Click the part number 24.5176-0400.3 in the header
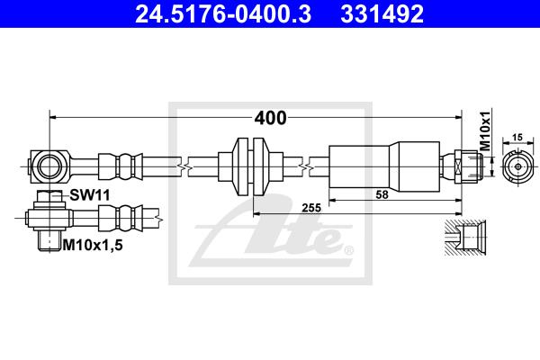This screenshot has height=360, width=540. coord(223,13)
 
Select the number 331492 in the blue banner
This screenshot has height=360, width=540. coord(382,13)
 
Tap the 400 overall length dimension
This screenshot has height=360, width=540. coord(270,118)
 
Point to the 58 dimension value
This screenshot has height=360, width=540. coord(382,194)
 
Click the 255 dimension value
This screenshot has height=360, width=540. coord(311,208)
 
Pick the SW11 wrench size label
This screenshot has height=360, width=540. coord(90,195)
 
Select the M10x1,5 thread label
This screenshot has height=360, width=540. coord(93,246)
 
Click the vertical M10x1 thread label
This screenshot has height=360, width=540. coord(485,130)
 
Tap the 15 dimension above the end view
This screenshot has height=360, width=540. coord(517,137)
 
